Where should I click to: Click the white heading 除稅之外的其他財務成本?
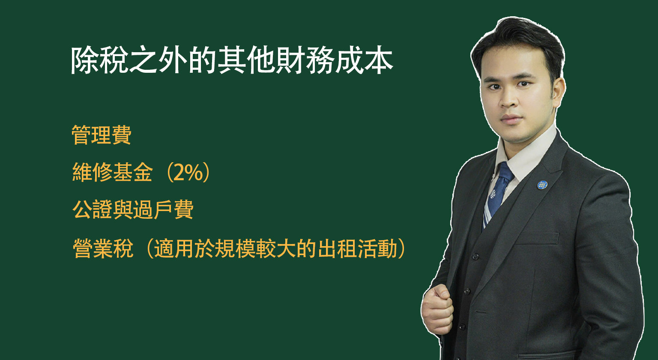(231, 61)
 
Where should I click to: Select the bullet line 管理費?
(102, 135)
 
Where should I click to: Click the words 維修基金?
(113, 173)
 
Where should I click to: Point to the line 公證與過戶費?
(133, 210)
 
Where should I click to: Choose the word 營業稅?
(103, 248)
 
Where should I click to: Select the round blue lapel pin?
(542, 185)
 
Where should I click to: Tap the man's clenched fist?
(437, 308)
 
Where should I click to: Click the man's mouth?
(511, 119)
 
